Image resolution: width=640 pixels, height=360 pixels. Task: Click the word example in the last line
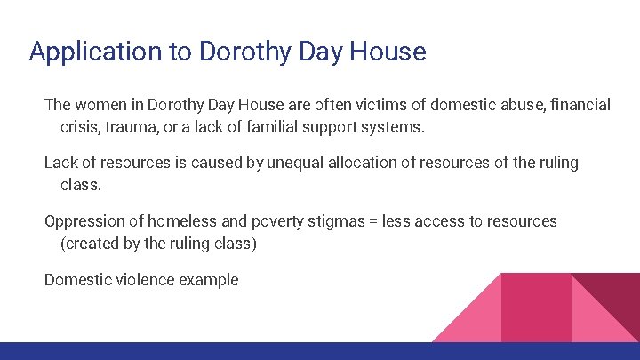click(x=209, y=280)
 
